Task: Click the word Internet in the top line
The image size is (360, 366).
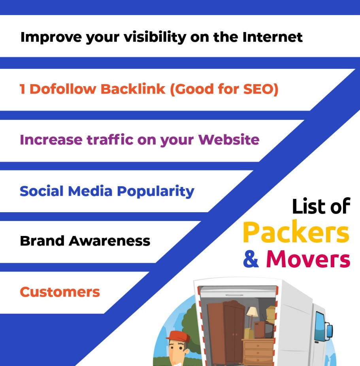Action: pyautogui.click(x=273, y=37)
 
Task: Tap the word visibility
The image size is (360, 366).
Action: pyautogui.click(x=155, y=38)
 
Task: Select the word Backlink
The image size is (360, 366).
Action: pyautogui.click(x=133, y=89)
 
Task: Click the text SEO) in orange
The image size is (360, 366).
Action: pyautogui.click(x=261, y=89)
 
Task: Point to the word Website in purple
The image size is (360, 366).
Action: pyautogui.click(x=229, y=140)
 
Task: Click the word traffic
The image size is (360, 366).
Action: pyautogui.click(x=110, y=140)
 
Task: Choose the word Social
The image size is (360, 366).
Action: pyautogui.click(x=41, y=191)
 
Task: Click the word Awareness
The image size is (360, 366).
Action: pyautogui.click(x=109, y=241)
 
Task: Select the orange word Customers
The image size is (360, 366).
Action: pyautogui.click(x=60, y=292)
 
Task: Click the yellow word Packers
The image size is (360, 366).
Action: pyautogui.click(x=296, y=232)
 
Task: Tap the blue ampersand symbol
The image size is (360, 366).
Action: pyautogui.click(x=251, y=258)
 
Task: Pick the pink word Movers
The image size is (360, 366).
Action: pyautogui.click(x=308, y=259)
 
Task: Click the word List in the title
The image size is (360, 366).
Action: pyautogui.click(x=305, y=206)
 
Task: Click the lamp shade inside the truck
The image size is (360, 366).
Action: pyautogui.click(x=252, y=311)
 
